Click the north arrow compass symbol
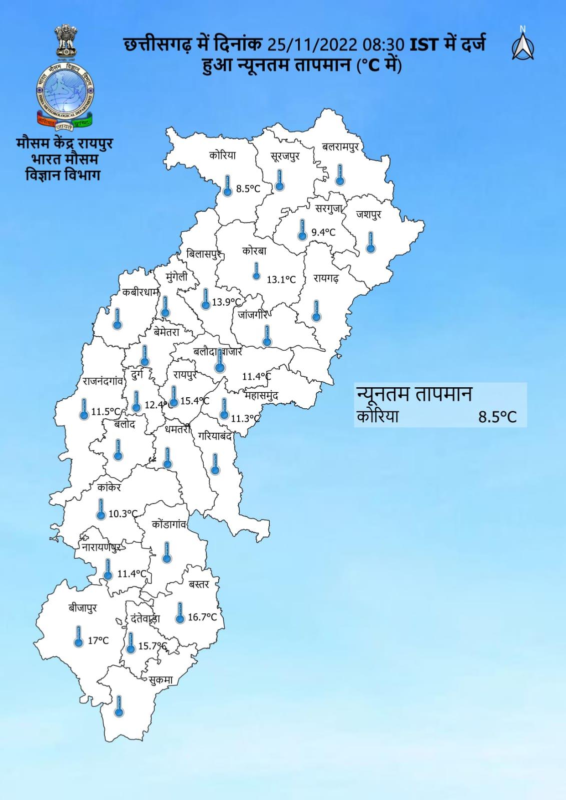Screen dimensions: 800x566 click(522, 45)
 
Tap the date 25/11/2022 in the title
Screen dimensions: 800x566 click(311, 45)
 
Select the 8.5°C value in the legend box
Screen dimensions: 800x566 click(497, 417)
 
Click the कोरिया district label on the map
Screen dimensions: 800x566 click(223, 155)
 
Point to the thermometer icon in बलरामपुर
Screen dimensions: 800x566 click(340, 175)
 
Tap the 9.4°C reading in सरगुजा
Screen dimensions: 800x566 click(323, 233)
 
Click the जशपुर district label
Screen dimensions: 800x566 click(369, 214)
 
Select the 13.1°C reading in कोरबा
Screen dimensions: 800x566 click(281, 280)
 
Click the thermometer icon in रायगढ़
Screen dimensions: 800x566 click(316, 311)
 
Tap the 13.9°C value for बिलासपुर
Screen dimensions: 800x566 click(227, 302)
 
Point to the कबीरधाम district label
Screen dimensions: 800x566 click(140, 294)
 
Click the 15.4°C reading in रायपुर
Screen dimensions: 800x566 click(195, 401)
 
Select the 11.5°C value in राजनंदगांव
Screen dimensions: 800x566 click(106, 412)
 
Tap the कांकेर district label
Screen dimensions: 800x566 click(109, 487)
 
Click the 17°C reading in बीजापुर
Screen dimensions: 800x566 click(98, 640)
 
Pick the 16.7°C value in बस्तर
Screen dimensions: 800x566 click(202, 617)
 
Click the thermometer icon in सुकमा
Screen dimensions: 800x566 click(119, 706)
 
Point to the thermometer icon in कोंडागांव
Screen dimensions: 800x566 click(167, 552)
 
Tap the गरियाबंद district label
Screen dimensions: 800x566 click(215, 436)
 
